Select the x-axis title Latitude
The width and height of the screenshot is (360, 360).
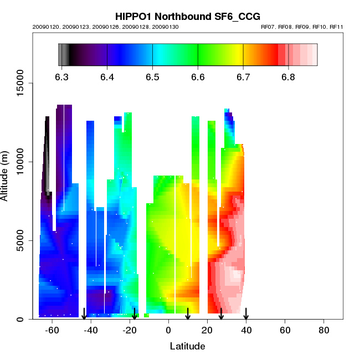187,347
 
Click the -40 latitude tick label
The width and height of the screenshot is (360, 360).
90,331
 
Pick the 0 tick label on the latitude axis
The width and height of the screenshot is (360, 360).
168,331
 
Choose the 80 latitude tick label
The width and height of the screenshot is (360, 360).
324,331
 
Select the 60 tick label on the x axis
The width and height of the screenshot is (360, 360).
285,331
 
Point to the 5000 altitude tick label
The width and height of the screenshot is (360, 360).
18,240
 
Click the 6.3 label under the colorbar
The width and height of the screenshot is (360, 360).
62,77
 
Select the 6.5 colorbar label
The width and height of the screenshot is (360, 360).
152,77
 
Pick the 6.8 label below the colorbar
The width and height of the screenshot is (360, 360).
288,77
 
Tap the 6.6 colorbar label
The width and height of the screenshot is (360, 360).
198,77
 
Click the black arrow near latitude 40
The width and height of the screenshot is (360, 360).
246,313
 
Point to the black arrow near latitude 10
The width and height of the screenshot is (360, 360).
188,313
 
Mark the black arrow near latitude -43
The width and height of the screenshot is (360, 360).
84,313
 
